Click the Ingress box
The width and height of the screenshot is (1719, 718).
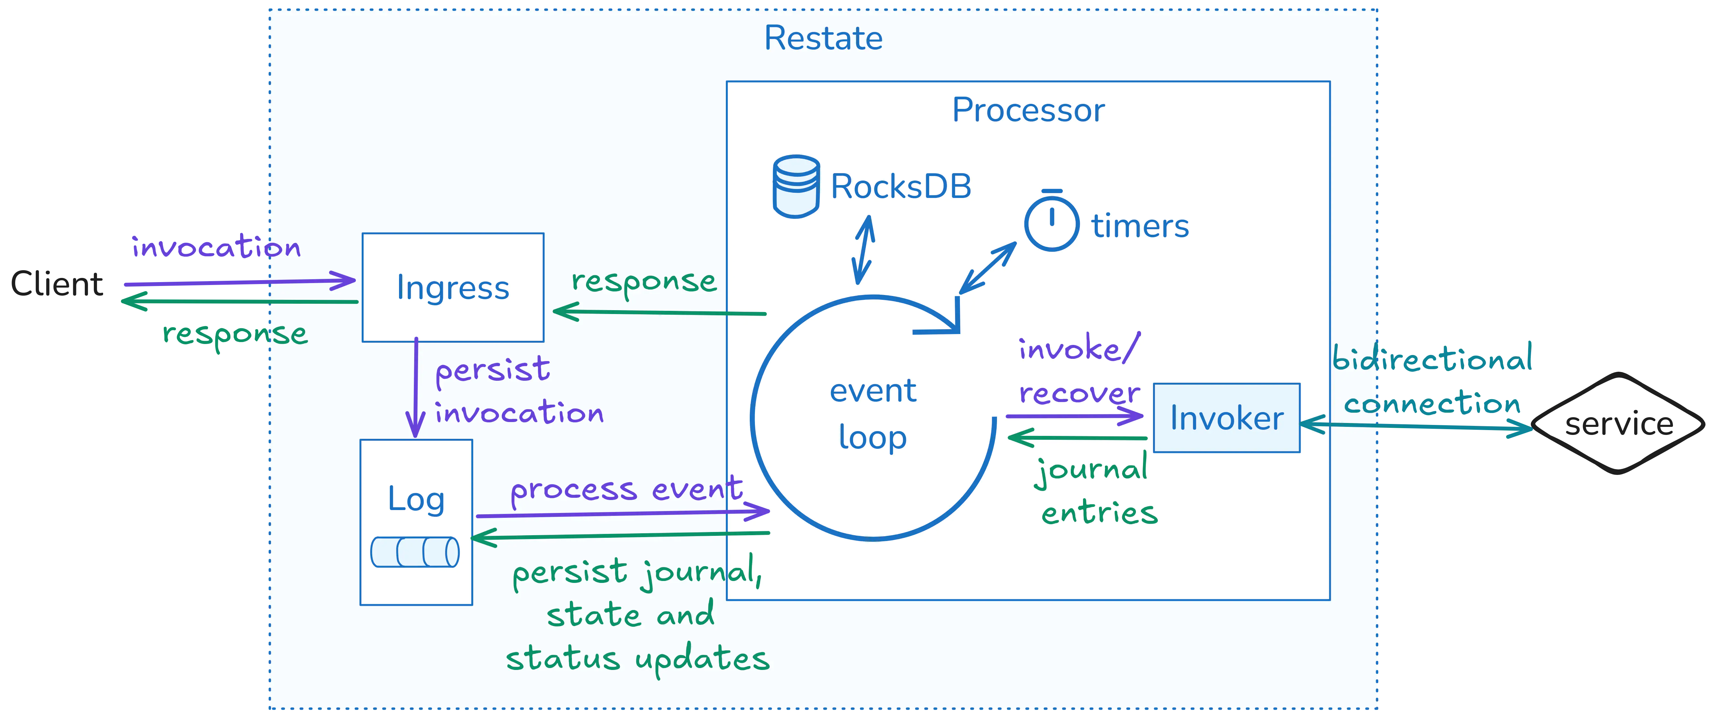coord(453,288)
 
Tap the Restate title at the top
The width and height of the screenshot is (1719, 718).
coord(823,38)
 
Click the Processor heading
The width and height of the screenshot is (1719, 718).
coord(1028,110)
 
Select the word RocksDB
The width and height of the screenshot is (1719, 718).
coord(901,187)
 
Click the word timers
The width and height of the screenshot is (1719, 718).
coord(1140,226)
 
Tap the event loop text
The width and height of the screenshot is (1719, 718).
coord(873,414)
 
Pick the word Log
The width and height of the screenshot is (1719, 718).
coord(416,499)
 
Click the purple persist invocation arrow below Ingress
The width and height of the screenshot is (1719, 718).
coord(416,387)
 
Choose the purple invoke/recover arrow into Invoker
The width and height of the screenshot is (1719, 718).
coord(1074,416)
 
